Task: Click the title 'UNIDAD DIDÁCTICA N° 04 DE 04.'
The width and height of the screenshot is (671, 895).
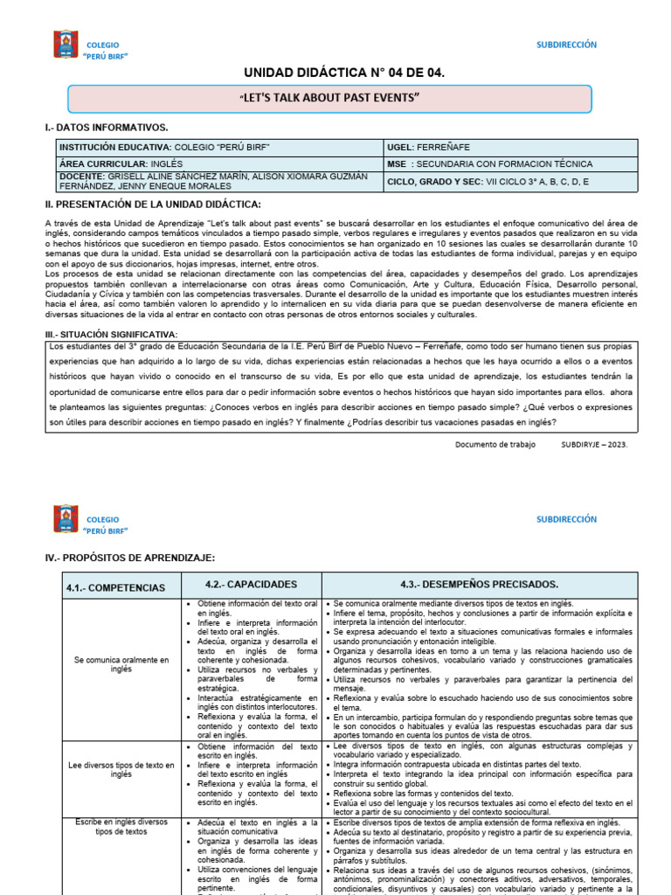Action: (x=332, y=73)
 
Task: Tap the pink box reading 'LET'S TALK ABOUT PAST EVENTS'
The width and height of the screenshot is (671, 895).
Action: (x=330, y=98)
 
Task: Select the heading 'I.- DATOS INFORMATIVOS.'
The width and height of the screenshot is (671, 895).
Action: (x=107, y=128)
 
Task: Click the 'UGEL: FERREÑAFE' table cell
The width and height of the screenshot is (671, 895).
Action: (x=510, y=147)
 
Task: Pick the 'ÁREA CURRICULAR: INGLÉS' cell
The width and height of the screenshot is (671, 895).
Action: (x=218, y=163)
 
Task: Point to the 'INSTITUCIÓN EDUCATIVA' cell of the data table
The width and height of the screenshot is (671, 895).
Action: (x=218, y=147)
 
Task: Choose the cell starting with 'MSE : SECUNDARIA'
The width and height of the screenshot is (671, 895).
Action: (x=510, y=163)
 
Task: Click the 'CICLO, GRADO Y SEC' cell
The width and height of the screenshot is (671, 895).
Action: (x=510, y=181)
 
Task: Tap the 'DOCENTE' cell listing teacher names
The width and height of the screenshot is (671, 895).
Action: (x=218, y=181)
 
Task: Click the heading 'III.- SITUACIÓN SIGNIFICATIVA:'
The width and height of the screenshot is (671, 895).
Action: (x=111, y=334)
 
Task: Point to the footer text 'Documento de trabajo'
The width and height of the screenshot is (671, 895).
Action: (x=495, y=443)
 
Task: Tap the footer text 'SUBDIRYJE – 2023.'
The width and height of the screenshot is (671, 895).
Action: (x=594, y=443)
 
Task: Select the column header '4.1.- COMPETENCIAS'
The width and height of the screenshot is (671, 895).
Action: (x=115, y=587)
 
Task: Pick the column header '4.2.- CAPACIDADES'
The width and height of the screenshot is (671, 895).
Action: (x=252, y=584)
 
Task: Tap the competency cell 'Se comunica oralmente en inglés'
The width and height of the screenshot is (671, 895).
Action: (x=121, y=665)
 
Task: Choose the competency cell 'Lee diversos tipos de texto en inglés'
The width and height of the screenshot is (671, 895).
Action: (x=121, y=769)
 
